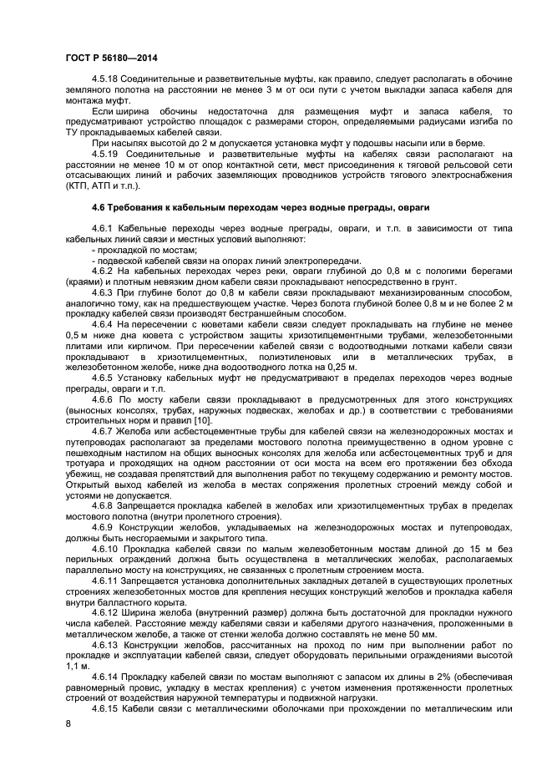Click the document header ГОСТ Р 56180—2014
pos(111,57)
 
